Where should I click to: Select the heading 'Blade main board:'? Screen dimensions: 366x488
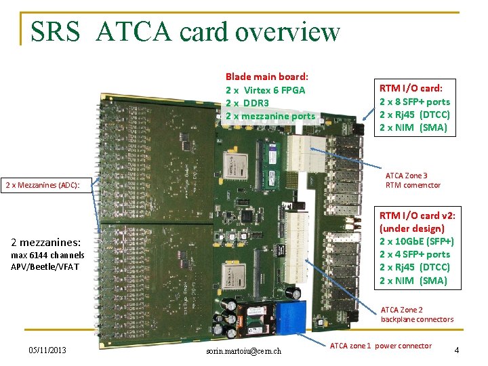tap(266, 77)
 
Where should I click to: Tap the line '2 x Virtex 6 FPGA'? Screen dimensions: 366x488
tap(265, 89)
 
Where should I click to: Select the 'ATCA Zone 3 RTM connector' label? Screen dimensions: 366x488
tap(413, 180)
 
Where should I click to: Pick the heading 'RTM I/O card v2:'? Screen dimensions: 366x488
tap(416, 216)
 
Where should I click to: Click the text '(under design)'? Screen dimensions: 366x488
tap(412, 228)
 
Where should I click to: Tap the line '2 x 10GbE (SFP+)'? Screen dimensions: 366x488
tap(416, 241)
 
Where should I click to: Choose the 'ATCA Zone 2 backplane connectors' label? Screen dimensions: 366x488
tap(417, 314)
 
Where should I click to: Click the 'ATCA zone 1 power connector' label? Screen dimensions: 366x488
tap(380, 346)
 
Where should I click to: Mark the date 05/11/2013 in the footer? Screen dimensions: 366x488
tap(47, 350)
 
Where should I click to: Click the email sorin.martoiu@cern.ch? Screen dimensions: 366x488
tap(242, 350)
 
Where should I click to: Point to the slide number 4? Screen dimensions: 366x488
tap(457, 350)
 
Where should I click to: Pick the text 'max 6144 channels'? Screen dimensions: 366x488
tap(47, 255)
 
